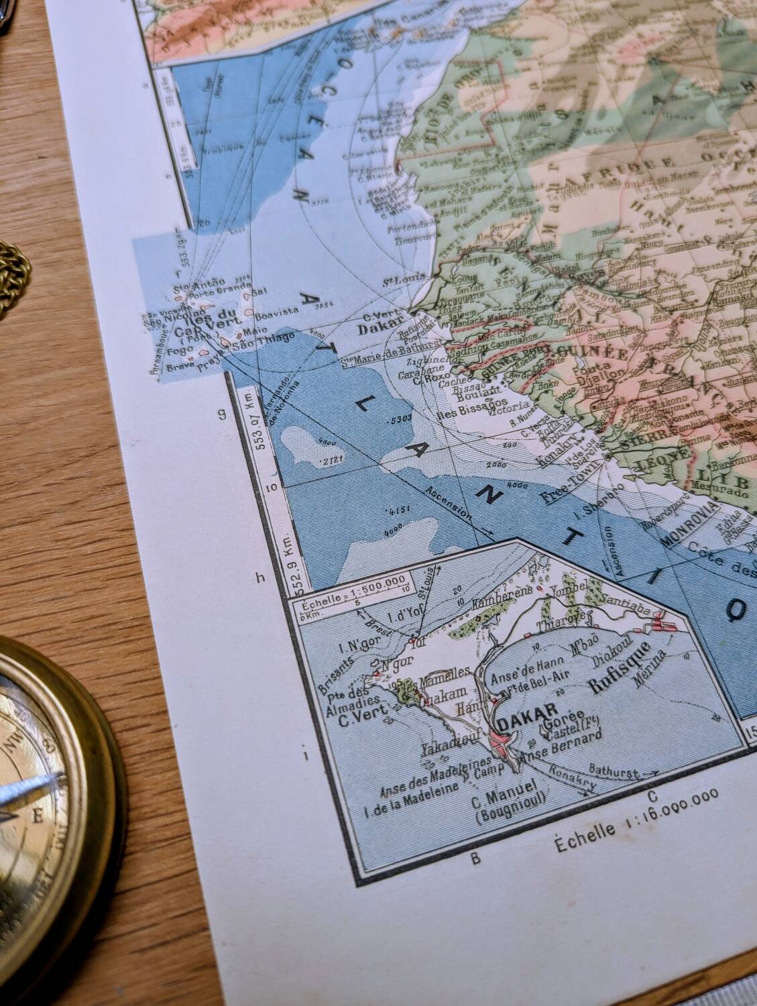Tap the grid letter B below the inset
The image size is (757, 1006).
pyautogui.click(x=476, y=858)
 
